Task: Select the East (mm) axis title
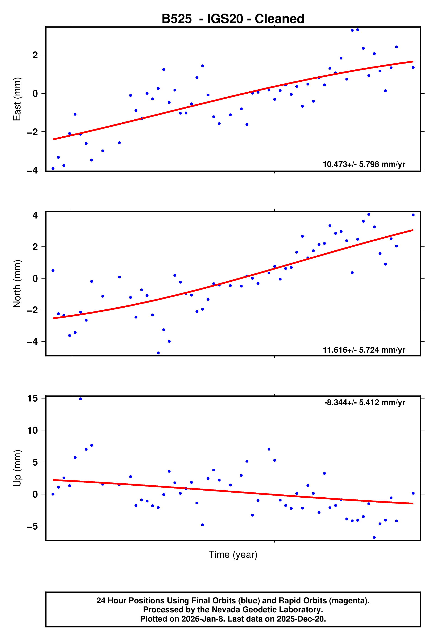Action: [17, 99]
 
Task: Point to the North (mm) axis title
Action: [17, 284]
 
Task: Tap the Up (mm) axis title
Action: [17, 468]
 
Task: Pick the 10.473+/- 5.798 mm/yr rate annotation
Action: [364, 164]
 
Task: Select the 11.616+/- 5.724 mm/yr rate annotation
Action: [364, 350]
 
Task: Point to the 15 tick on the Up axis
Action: [33, 398]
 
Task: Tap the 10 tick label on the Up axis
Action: [33, 430]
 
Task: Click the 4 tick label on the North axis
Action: [35, 215]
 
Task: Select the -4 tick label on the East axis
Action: [33, 171]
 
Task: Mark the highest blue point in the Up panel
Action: [80, 399]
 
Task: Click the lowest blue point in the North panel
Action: [158, 353]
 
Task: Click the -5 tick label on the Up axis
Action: [33, 526]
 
